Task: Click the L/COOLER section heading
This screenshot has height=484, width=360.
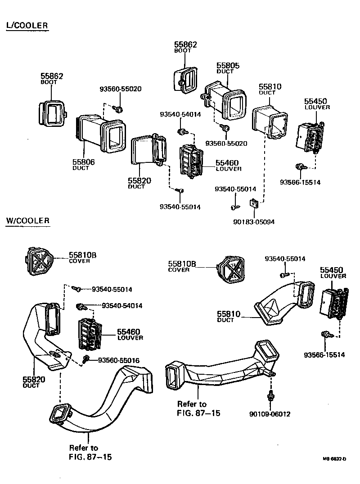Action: [27, 26]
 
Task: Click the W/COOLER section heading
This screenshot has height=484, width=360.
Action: [28, 221]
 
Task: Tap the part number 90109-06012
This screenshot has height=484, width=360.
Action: [269, 414]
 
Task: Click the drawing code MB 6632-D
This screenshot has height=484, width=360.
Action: [334, 459]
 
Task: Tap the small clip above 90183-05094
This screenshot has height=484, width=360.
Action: [255, 204]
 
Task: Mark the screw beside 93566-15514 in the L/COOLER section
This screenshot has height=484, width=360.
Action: [300, 167]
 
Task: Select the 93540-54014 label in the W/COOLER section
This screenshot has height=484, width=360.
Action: [122, 305]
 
